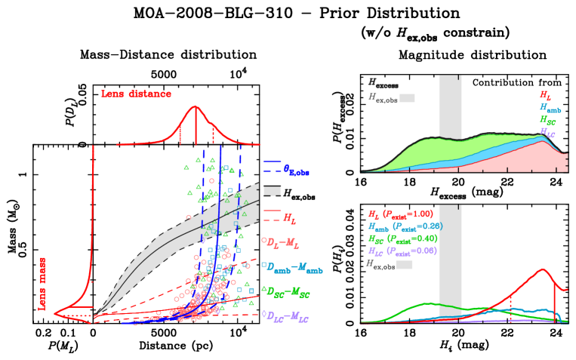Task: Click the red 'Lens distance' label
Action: [136, 94]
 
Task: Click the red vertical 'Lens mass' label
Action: [42, 283]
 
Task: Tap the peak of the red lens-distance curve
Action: [195, 107]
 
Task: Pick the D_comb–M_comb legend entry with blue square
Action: [294, 267]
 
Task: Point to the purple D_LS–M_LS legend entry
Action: [287, 315]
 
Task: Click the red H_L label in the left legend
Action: [289, 219]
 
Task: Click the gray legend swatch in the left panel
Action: [272, 191]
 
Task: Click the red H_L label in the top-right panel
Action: [544, 95]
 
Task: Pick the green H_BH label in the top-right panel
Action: [547, 120]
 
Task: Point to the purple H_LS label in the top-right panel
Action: [547, 133]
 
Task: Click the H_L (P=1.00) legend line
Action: [401, 214]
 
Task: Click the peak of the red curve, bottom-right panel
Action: [542, 269]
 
